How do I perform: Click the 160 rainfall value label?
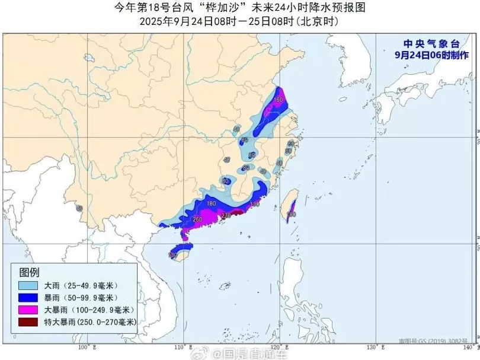(x=278, y=100)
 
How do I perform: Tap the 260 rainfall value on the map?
(x=198, y=219)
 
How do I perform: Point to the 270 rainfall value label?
(x=226, y=215)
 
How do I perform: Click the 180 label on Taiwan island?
(x=291, y=214)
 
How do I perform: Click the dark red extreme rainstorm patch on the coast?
(x=236, y=213)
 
